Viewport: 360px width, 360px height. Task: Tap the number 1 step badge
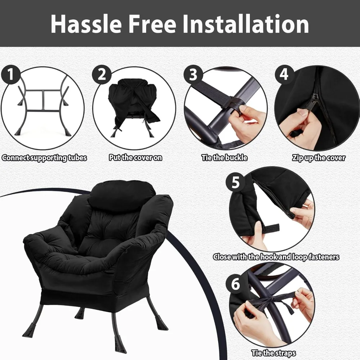click(x=11, y=75)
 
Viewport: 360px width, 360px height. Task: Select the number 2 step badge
click(x=102, y=75)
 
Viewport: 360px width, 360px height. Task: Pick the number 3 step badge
click(x=193, y=75)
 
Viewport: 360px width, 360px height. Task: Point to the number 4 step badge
click(x=284, y=75)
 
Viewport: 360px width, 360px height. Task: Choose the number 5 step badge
click(x=235, y=183)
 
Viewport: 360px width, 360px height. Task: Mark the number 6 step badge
click(x=235, y=284)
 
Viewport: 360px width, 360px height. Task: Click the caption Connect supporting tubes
click(x=44, y=158)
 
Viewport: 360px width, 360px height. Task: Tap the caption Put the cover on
click(x=135, y=158)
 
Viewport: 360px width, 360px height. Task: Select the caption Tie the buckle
click(x=224, y=158)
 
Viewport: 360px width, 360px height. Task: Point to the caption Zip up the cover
click(x=319, y=158)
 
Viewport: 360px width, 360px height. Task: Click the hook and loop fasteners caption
click(x=276, y=257)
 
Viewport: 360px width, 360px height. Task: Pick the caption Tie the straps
click(x=274, y=353)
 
